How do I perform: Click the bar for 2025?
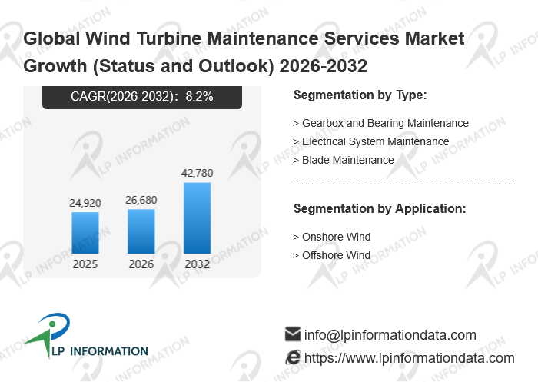[85, 232]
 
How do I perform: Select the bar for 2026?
[141, 231]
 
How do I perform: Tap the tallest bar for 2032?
[198, 218]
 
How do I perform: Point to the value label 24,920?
[85, 203]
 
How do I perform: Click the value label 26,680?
[141, 200]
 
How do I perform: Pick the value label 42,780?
[198, 173]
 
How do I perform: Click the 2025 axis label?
[85, 264]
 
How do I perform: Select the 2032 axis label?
[198, 264]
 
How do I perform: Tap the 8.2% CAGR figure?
[199, 97]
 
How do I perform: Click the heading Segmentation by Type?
[360, 95]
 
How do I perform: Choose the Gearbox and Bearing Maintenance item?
[381, 123]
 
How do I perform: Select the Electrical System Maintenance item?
[371, 141]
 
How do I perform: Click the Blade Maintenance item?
[344, 160]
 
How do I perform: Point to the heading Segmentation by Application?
[380, 208]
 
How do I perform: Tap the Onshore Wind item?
[332, 237]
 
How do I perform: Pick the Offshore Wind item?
[332, 255]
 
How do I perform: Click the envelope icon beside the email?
[292, 334]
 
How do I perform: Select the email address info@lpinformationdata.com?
[390, 335]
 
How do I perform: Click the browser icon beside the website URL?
[292, 357]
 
